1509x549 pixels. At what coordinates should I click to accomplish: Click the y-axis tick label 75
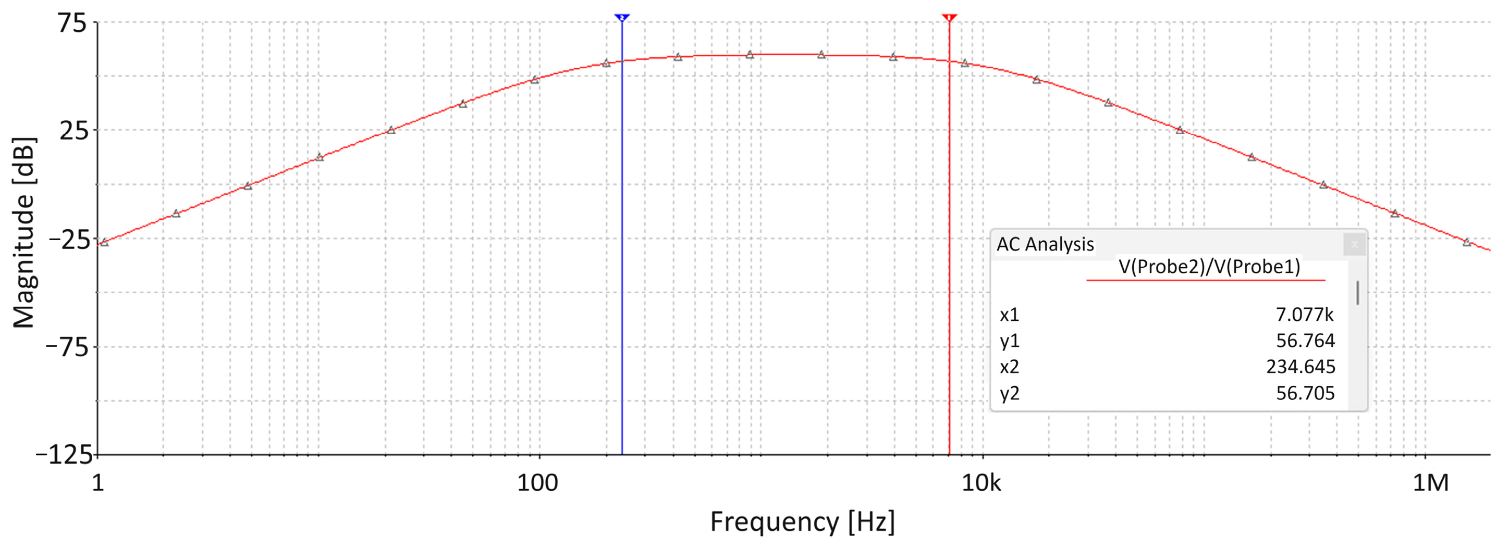coord(72,24)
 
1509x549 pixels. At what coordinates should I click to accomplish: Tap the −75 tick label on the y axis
coord(67,347)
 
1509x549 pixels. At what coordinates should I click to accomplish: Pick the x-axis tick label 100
coord(537,483)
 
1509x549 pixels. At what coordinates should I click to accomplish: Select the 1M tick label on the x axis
coord(1430,483)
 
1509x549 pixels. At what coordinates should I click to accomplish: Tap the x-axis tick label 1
coord(98,483)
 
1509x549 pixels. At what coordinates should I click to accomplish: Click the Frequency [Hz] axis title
coord(802,521)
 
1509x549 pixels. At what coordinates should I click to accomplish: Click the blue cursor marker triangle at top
coord(622,18)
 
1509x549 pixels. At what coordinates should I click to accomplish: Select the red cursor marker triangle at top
coord(950,18)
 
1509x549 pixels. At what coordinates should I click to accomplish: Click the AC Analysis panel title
coord(1045,244)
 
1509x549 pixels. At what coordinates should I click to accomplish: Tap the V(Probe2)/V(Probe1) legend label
coord(1209,267)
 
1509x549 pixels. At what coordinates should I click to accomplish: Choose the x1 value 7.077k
coord(1305,315)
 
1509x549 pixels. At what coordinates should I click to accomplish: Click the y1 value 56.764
coord(1305,341)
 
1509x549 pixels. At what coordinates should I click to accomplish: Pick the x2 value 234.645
coord(1301,367)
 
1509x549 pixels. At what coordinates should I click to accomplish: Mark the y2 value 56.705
coord(1305,393)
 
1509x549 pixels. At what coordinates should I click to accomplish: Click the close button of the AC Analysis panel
coord(1354,244)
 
